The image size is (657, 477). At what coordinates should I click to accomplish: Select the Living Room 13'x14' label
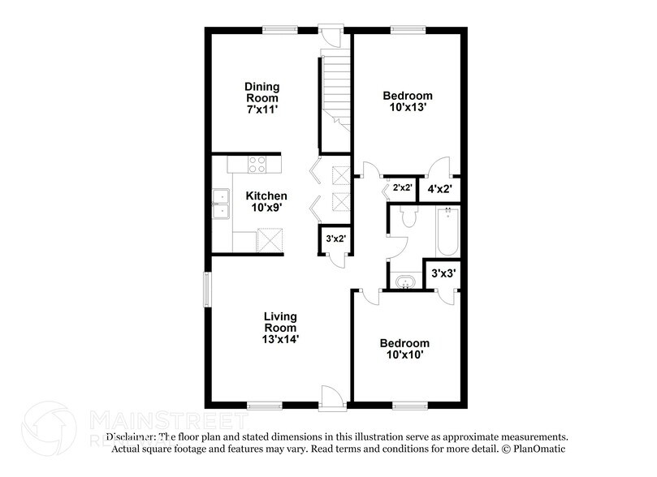click(279, 328)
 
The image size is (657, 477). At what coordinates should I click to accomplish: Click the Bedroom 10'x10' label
click(404, 349)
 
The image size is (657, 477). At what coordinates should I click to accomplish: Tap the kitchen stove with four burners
click(257, 165)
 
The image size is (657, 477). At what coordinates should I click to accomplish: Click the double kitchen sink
click(220, 204)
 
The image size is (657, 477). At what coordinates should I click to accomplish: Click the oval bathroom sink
click(404, 281)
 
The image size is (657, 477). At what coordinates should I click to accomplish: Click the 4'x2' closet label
click(439, 188)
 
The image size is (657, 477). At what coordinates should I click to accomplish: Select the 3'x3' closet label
click(443, 274)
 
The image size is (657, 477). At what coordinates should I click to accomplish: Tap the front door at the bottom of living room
click(331, 397)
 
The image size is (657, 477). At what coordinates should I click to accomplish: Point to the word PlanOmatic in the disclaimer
click(538, 449)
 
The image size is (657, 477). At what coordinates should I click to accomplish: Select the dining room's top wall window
click(279, 30)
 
